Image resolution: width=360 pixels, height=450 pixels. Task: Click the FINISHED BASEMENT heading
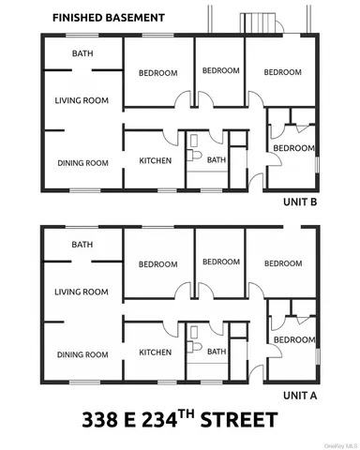108,18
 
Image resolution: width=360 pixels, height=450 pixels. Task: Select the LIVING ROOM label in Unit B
82,101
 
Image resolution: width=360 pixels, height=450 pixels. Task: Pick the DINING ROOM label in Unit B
82,163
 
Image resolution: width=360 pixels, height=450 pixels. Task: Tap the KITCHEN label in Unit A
155,352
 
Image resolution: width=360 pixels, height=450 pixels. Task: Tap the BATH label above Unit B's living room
82,53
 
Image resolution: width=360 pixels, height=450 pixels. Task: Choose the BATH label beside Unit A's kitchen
217,352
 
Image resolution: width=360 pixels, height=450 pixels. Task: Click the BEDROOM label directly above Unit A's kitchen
158,264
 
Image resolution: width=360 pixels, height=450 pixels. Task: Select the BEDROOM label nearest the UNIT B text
293,148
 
